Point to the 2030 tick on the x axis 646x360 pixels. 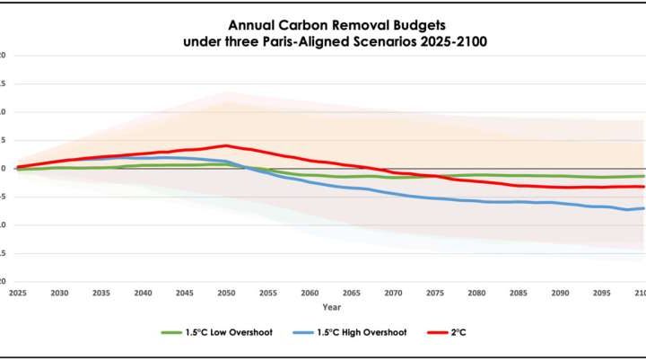pos(59,294)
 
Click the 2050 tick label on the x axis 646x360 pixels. pos(225,294)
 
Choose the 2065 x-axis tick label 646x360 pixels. pos(351,294)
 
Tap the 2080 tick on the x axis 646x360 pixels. pos(476,294)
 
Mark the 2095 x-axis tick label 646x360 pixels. pos(600,294)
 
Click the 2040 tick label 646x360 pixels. pos(143,294)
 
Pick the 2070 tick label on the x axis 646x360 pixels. pos(392,294)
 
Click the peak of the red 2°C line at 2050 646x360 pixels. pos(225,145)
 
